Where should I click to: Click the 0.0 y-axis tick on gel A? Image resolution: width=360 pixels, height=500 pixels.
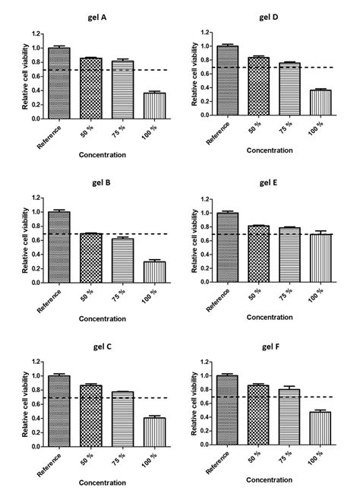coord(37,117)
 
